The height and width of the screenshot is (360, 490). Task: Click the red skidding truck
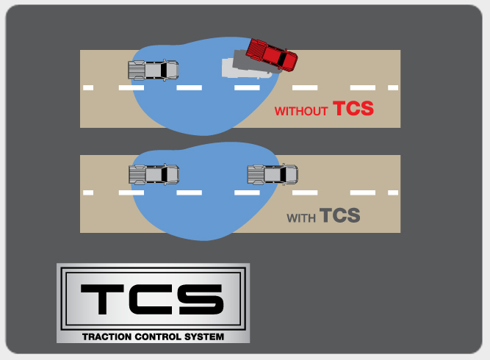271,55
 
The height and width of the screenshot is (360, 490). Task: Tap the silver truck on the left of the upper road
154,71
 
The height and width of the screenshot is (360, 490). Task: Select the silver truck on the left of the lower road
154,174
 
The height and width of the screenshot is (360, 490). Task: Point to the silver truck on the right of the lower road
273,174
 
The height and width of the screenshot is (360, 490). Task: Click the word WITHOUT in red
301,112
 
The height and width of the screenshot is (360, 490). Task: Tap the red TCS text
353,109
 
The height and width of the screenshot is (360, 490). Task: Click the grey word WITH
300,218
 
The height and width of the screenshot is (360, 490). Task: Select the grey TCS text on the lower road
339,216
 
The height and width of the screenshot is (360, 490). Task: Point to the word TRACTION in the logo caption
107,336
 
